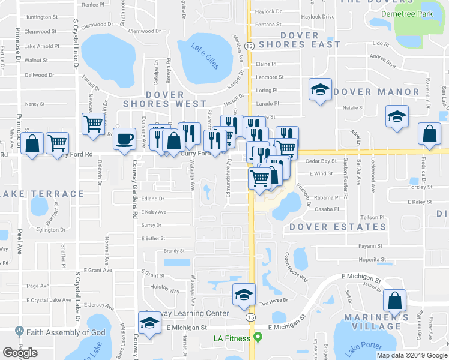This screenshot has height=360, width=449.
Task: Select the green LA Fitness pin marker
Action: tap(258, 337)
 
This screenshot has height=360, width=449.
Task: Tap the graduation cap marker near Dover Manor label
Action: tap(320, 91)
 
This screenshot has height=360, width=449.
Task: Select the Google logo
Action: tap(20, 353)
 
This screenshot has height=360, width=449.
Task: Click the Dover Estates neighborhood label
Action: tap(337, 227)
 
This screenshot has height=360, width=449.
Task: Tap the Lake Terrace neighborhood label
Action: tap(43, 194)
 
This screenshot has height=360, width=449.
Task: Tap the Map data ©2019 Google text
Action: tap(412, 355)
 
